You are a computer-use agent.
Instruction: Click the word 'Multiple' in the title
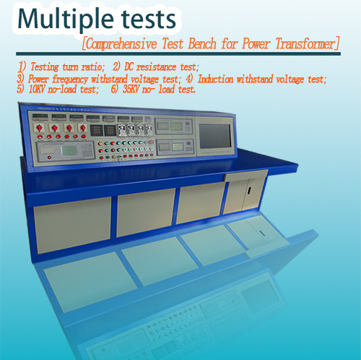(66, 20)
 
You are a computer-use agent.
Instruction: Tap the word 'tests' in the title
(148, 20)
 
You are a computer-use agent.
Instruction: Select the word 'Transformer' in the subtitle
(305, 43)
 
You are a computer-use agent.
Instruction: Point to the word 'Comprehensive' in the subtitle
(121, 44)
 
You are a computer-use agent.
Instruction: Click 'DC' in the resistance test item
(129, 67)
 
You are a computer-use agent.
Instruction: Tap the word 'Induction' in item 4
(215, 79)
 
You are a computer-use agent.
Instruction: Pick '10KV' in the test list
(37, 89)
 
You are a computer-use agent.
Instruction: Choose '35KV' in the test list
(131, 89)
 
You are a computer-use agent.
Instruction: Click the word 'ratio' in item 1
(93, 67)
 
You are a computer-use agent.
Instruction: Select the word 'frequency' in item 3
(70, 80)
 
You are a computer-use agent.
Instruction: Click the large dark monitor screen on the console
(214, 136)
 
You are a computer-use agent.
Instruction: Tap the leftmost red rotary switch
(39, 128)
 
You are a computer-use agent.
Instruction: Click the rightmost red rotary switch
(82, 128)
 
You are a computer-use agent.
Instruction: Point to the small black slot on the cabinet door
(249, 190)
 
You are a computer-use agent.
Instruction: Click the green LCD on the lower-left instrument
(69, 150)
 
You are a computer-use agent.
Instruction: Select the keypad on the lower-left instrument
(87, 151)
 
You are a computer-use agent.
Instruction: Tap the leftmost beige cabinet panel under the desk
(72, 226)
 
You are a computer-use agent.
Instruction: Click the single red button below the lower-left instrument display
(49, 158)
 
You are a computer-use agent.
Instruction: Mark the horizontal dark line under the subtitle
(178, 53)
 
